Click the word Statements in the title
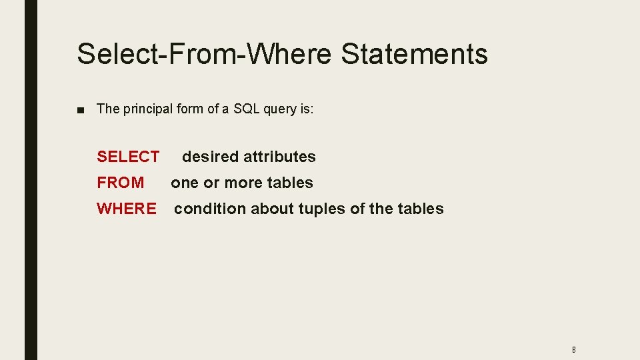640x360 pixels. tap(414, 54)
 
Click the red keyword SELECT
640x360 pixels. tap(128, 157)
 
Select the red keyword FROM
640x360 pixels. tap(120, 183)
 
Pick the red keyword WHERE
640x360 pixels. tap(127, 209)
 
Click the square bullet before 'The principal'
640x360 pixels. tap(81, 109)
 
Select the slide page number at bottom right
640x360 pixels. tap(573, 349)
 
